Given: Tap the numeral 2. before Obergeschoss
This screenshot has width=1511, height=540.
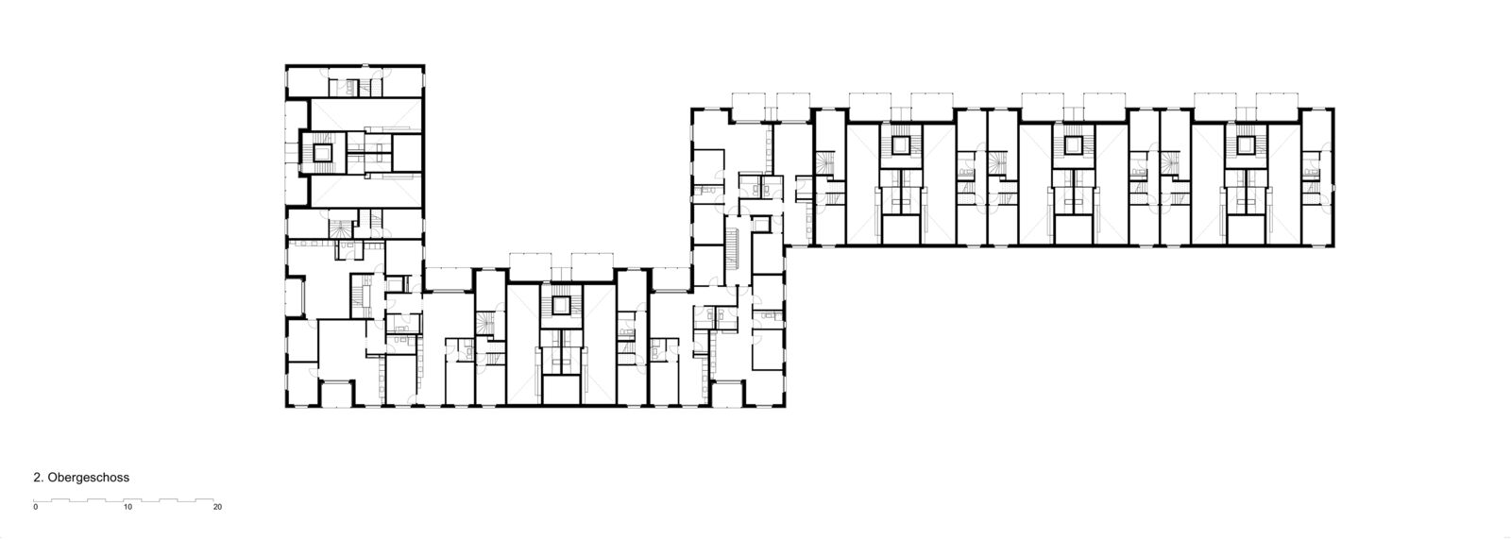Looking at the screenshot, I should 39,479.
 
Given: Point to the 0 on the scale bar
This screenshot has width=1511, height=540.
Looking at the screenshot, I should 35,507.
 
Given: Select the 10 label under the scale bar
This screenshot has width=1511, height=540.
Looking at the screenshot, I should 127,507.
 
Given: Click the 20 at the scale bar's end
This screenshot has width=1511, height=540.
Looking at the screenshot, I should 218,507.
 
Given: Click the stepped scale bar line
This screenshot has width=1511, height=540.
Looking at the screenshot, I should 127,498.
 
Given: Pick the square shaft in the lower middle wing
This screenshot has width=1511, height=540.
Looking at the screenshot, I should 562,305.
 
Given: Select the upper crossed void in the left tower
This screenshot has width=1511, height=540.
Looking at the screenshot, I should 360,111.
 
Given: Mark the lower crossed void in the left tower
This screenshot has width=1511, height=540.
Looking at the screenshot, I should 360,193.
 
